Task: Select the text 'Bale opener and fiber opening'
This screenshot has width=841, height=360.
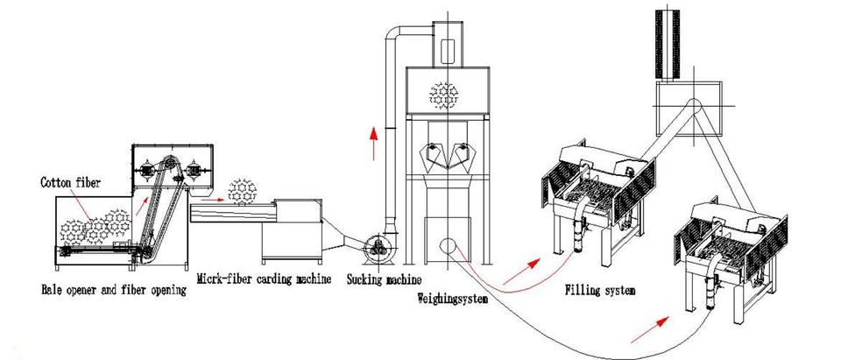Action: click(x=114, y=288)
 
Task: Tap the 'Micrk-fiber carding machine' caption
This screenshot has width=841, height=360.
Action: click(x=264, y=280)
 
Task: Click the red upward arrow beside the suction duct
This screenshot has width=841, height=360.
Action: click(x=374, y=139)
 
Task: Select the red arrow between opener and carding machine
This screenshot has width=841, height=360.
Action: click(x=208, y=199)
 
